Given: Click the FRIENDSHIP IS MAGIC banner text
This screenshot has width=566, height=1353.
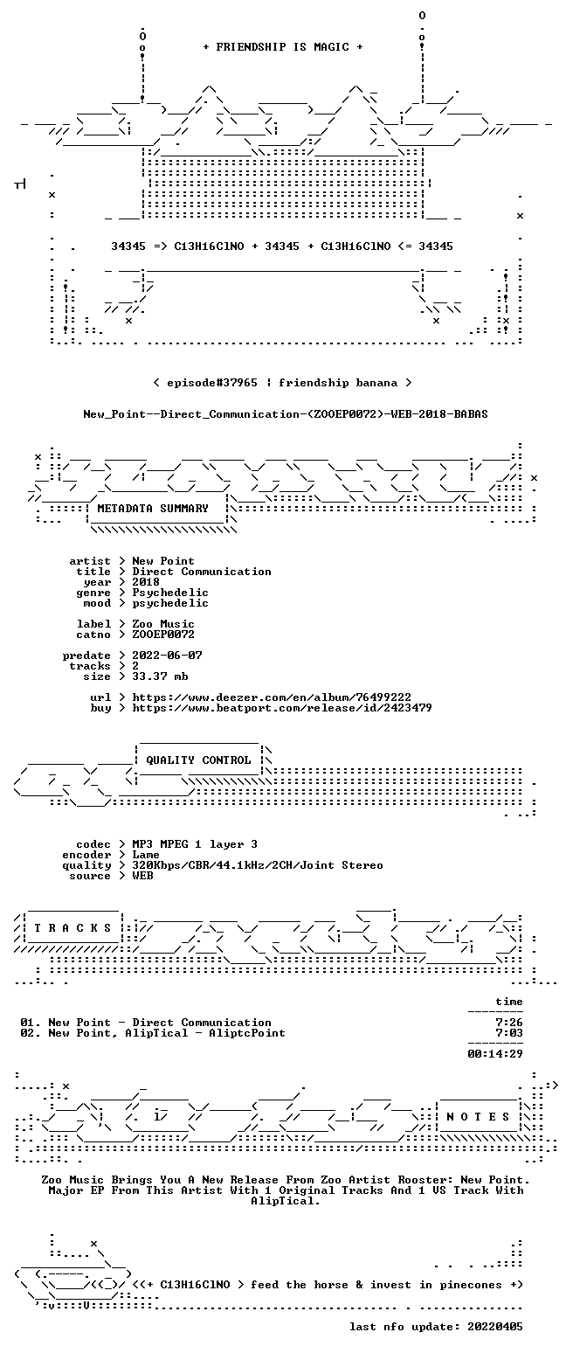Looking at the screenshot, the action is click(283, 47).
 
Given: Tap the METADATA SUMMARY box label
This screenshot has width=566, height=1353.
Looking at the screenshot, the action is click(153, 509).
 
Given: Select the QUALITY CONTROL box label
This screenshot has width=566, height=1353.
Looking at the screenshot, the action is click(198, 760).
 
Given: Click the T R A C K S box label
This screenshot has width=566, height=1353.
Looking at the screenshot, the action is click(73, 928).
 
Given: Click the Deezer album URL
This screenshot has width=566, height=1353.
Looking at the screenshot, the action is click(272, 697).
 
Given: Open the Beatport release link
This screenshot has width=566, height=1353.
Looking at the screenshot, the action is click(282, 708).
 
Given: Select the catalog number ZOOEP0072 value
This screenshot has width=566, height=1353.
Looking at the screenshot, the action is click(163, 635).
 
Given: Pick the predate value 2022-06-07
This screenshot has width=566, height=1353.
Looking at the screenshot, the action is click(167, 656).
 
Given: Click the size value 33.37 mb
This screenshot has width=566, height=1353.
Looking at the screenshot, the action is click(160, 676).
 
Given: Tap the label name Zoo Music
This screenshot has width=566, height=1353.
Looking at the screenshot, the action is click(163, 624).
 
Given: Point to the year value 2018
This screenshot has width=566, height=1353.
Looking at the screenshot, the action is click(146, 582).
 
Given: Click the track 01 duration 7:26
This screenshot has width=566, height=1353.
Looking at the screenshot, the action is click(508, 1023).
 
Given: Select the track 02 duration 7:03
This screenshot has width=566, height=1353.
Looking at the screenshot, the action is click(508, 1033).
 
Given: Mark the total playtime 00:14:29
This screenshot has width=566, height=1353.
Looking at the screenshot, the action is click(494, 1054).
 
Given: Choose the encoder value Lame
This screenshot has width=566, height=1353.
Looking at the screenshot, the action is click(146, 855).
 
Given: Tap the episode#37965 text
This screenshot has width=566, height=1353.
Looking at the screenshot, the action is click(211, 383).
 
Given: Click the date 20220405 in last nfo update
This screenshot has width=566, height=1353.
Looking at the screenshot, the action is click(494, 1327).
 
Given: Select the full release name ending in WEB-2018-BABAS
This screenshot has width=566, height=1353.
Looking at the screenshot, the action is click(286, 414).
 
